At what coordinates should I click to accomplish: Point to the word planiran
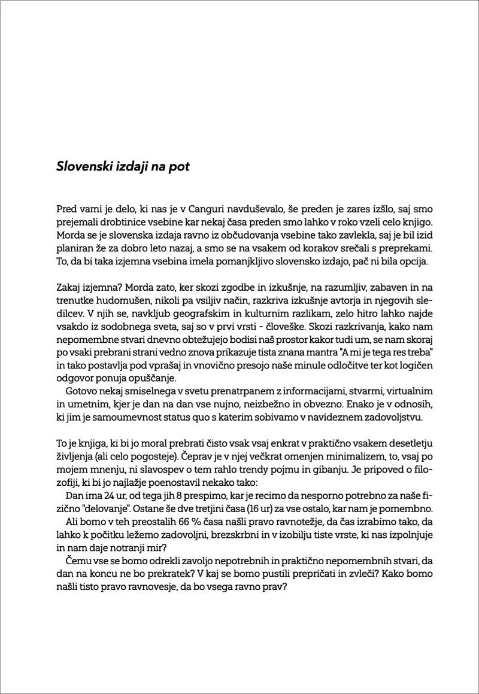(x=74, y=249)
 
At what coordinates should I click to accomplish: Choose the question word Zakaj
(x=69, y=288)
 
